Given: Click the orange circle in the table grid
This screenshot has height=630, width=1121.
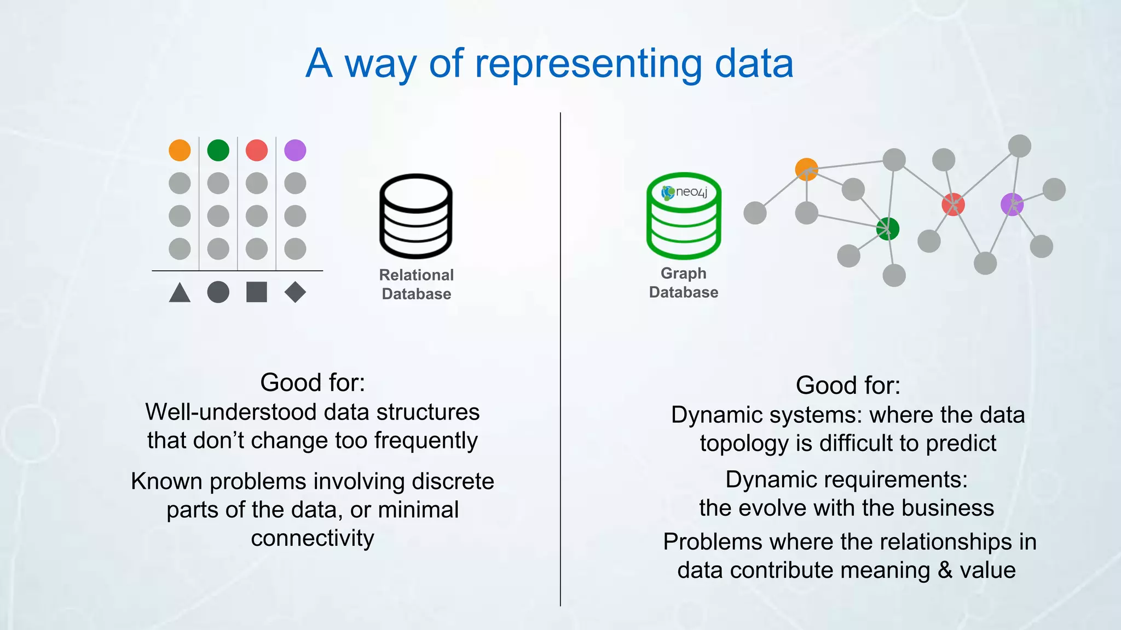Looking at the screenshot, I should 180,150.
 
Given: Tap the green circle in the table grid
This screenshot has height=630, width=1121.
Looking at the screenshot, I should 218,150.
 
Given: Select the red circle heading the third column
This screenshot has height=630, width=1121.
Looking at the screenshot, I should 257,150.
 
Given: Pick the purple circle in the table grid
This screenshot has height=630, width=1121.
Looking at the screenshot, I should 295,150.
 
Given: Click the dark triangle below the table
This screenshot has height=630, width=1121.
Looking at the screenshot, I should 180,293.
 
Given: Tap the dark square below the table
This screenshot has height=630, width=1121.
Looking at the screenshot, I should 257,292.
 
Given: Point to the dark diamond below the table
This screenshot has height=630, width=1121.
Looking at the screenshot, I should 295,292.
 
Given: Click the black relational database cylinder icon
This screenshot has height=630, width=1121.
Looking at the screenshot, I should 416,216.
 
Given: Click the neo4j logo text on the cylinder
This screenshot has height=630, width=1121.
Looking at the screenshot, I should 691,192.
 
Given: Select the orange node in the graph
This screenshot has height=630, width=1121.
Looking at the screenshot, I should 806,170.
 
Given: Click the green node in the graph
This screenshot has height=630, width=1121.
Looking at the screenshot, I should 887,229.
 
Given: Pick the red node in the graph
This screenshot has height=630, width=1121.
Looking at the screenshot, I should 953,205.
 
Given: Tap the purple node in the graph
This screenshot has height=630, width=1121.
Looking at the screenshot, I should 1012,205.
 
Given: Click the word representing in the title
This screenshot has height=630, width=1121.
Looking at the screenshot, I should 588,65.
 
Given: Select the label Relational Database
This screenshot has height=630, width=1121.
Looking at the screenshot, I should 416,284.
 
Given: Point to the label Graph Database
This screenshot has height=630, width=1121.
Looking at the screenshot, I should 684,283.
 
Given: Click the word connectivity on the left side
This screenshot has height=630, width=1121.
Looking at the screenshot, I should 313,538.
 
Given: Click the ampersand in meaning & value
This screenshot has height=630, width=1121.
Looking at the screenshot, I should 945,570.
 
